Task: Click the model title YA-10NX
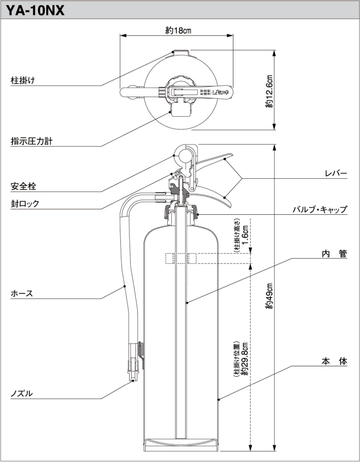35,10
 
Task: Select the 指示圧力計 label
31,141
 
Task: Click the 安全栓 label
23,186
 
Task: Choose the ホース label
22,293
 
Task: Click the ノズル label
22,394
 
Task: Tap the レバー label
336,174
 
